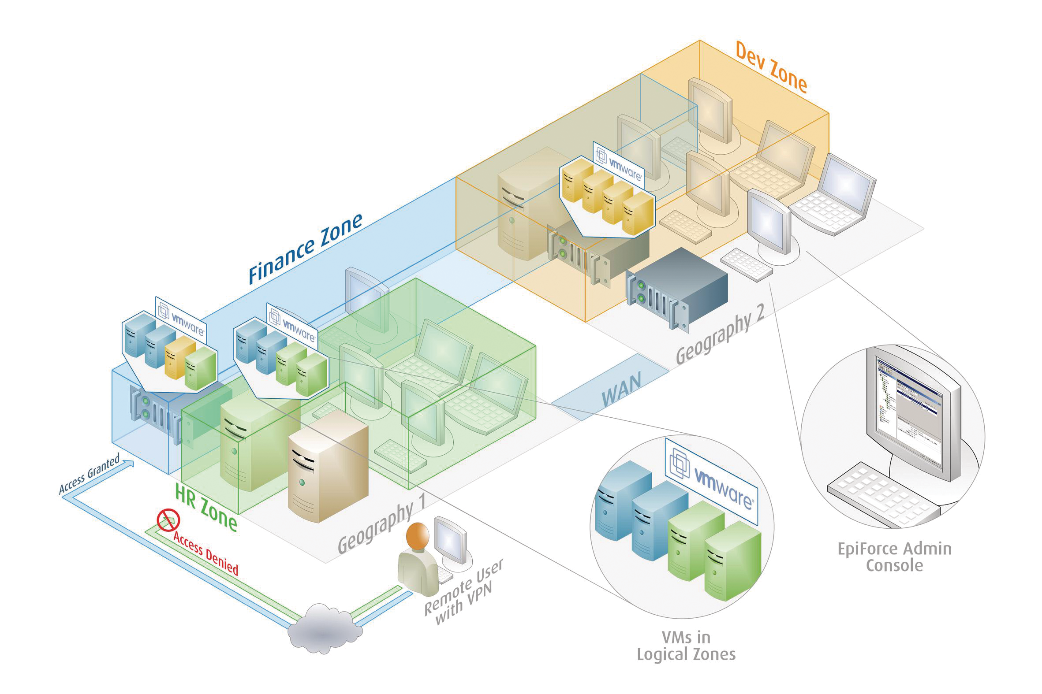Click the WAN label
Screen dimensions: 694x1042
point(621,390)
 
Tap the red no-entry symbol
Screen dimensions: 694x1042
point(168,520)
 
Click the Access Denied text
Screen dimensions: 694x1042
point(206,554)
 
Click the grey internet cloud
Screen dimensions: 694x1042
point(325,628)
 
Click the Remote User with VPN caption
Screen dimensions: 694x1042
point(463,593)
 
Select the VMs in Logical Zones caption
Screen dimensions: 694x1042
point(686,646)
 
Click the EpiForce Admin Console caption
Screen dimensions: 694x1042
point(894,557)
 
